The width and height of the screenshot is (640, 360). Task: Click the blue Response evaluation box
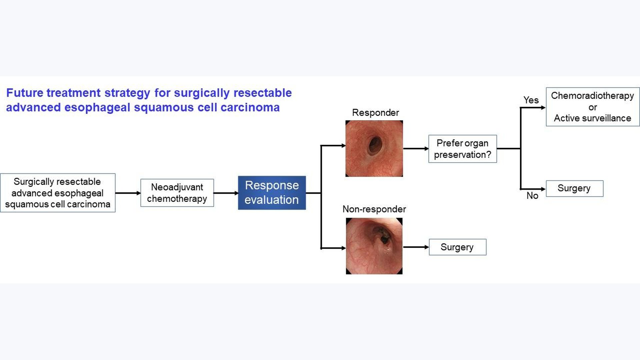(x=272, y=193)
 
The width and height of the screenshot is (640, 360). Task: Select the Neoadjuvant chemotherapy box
(x=177, y=193)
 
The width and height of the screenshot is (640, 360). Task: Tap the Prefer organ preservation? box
(x=462, y=149)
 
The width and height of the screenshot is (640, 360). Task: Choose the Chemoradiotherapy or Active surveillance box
(x=592, y=107)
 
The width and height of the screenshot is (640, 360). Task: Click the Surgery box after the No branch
(x=574, y=188)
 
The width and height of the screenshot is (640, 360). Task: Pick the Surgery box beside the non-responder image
(x=457, y=247)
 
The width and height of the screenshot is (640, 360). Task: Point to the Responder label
(x=375, y=113)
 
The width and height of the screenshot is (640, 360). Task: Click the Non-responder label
(x=374, y=209)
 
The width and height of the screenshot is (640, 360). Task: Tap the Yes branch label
(x=531, y=100)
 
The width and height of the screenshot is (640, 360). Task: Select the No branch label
(x=532, y=196)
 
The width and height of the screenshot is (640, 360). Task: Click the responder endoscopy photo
(x=374, y=148)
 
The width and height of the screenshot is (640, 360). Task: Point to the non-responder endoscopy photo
(x=374, y=246)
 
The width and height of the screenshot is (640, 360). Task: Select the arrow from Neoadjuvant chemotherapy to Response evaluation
(x=226, y=193)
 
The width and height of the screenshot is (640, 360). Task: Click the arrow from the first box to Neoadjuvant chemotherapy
(x=128, y=193)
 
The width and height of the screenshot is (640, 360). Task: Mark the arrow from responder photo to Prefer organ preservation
(x=416, y=148)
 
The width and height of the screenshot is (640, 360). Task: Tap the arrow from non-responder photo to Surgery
(x=416, y=247)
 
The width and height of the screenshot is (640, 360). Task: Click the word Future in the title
(x=25, y=93)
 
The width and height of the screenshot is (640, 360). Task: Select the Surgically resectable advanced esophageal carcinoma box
(x=58, y=193)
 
